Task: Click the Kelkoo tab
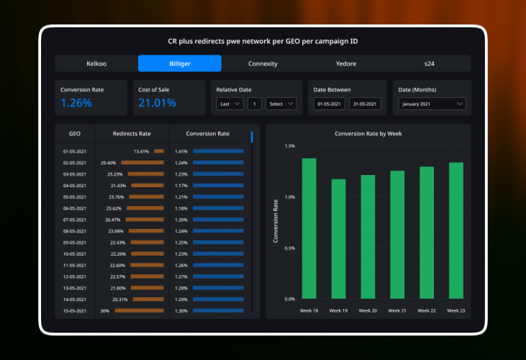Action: tap(96, 63)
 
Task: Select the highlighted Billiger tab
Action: tap(180, 63)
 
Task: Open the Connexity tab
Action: tap(263, 63)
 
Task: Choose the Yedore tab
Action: tap(346, 63)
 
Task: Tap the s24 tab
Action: tap(429, 63)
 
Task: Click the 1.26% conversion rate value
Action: tap(76, 103)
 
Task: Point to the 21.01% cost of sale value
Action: tap(157, 103)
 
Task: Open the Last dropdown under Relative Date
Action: tap(230, 104)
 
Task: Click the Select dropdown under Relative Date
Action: tap(281, 104)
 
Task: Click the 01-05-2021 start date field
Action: tap(330, 104)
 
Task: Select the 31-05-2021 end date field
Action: tap(365, 104)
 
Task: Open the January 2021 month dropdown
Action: tap(432, 104)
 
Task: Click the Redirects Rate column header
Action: tap(132, 133)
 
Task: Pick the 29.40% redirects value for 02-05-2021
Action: tap(109, 163)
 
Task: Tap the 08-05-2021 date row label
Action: tap(75, 231)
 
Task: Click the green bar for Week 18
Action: tap(309, 228)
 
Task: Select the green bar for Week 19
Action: tap(338, 238)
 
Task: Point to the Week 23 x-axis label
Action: tap(455, 310)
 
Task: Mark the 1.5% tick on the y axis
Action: tap(289, 146)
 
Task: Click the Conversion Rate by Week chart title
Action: tap(368, 133)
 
